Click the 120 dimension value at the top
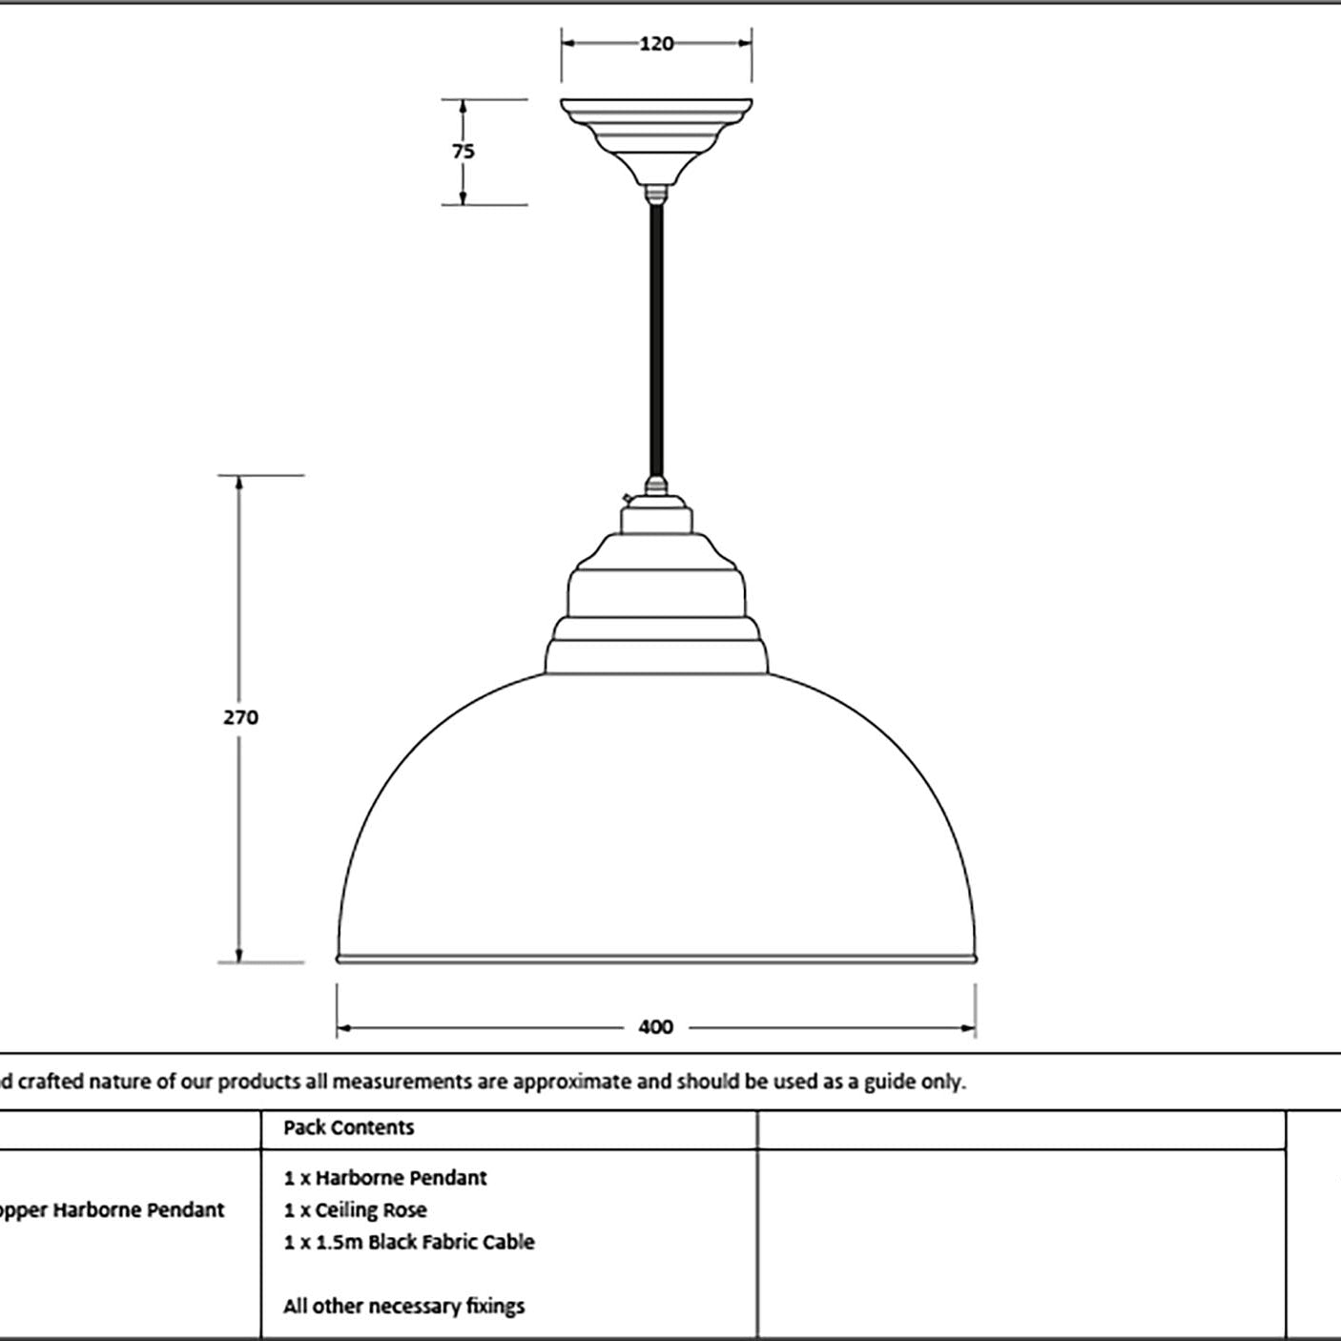tap(656, 44)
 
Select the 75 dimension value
tap(464, 151)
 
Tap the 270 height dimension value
tap(240, 717)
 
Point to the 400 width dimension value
tap(655, 1027)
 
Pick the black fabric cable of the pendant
tap(655, 341)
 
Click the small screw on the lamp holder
tap(627, 498)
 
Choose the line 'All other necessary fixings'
tap(403, 1307)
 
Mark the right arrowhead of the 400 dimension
tap(967, 1028)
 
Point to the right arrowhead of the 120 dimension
tap(744, 43)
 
